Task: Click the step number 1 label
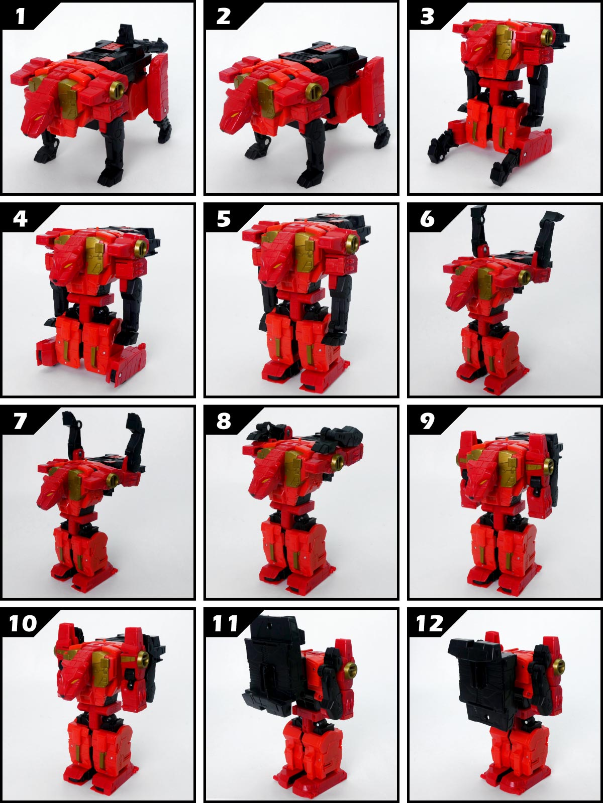pyautogui.click(x=21, y=17)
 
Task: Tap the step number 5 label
pyautogui.click(x=224, y=219)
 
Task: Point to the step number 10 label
pyautogui.click(x=23, y=623)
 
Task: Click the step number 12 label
pyautogui.click(x=429, y=623)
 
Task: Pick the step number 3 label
pyautogui.click(x=427, y=17)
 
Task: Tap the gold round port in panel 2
pyautogui.click(x=316, y=92)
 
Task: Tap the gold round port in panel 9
pyautogui.click(x=548, y=465)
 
